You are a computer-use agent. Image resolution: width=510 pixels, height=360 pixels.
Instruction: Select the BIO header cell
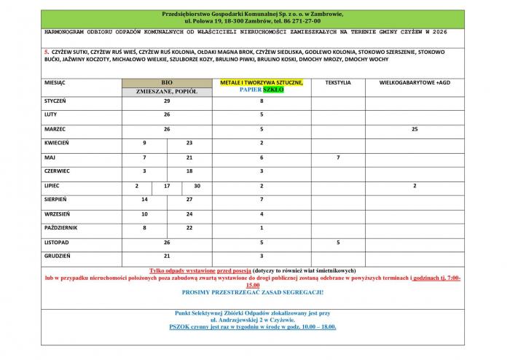tap(167, 82)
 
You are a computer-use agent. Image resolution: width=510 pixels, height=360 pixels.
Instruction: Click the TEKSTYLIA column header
tap(337, 82)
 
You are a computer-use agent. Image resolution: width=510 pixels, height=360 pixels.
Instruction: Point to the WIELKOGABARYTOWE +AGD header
tap(415, 82)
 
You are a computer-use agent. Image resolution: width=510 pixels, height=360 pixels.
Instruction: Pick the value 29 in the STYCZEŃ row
tap(167, 101)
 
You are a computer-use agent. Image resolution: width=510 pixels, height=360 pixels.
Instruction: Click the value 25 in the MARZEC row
tap(415, 129)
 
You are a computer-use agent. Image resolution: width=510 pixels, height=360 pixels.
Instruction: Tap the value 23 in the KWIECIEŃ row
tap(189, 143)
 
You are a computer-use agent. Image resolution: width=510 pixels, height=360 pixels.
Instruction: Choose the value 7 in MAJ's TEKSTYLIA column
tap(337, 157)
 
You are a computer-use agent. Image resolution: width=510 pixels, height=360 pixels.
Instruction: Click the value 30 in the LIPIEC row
tap(197, 186)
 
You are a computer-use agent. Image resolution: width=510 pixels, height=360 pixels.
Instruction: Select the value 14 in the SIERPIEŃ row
tap(144, 199)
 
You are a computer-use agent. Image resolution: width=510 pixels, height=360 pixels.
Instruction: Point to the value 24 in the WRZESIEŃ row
tap(189, 214)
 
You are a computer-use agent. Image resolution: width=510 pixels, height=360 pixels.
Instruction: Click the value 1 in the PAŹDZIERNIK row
tap(262, 227)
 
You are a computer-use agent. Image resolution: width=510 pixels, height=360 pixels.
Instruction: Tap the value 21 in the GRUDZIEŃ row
tap(167, 256)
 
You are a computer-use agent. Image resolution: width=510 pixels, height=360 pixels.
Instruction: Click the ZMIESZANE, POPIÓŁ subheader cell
tap(167, 93)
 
